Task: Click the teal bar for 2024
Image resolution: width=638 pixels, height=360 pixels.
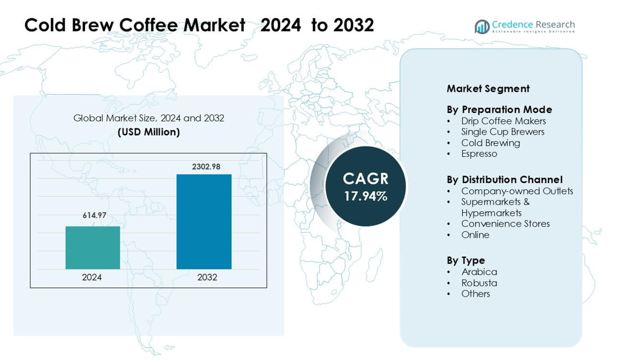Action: [x=92, y=248]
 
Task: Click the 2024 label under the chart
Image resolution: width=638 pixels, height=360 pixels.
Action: [x=92, y=277]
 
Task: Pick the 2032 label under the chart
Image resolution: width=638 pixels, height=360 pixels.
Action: [x=207, y=277]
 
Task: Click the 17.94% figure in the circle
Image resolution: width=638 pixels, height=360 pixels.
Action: [x=365, y=196]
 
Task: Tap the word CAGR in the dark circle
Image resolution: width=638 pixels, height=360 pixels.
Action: [x=365, y=179]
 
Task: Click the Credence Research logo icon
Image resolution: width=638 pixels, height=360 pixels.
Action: [x=482, y=26]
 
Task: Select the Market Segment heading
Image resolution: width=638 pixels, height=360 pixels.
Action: [x=488, y=88]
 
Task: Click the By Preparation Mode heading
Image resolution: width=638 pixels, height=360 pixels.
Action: [x=499, y=110]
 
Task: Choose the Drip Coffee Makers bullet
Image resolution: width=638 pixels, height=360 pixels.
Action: [x=503, y=121]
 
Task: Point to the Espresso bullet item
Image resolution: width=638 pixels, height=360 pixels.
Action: [x=479, y=153]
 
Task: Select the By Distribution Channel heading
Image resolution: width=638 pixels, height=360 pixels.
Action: [x=504, y=180]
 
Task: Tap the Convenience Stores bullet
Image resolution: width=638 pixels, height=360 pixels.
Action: [x=505, y=224]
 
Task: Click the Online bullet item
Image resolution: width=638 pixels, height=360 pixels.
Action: [x=475, y=234]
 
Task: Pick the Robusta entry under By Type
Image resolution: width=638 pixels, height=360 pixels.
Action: [x=479, y=283]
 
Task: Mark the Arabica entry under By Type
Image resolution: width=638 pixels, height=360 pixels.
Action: [x=479, y=272]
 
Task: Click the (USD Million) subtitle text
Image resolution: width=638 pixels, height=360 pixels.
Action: [x=148, y=132]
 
